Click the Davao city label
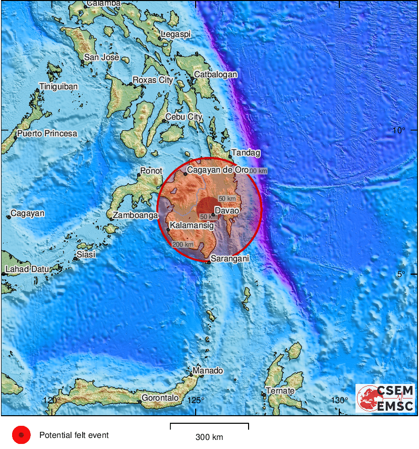[x=227, y=210]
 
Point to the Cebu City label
[x=184, y=117]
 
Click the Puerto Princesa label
[x=47, y=134]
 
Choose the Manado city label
[x=208, y=371]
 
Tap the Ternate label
[x=280, y=391]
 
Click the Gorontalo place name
[x=160, y=398]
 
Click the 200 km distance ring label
[x=183, y=244]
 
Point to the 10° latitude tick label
[x=398, y=131]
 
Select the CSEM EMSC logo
[x=386, y=398]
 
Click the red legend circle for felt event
[x=22, y=434]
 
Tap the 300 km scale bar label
[x=209, y=437]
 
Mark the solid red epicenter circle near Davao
[x=207, y=208]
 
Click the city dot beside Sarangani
[x=208, y=262]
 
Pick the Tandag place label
[x=246, y=153]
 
